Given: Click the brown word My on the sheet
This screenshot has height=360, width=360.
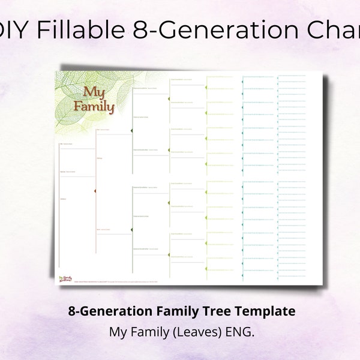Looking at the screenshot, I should point(94,93).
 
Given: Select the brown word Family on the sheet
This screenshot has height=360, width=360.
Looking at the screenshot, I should point(93,107).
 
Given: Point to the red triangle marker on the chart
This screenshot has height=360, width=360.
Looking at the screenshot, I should point(94,191).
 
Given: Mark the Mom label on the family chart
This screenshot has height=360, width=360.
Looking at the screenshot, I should point(99,229).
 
